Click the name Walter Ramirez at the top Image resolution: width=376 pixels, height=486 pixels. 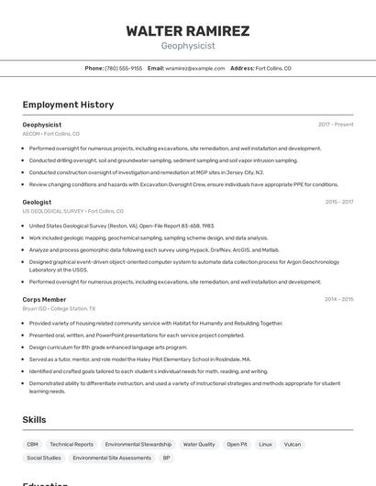click(187, 31)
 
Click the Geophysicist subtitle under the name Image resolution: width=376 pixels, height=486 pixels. click(187, 46)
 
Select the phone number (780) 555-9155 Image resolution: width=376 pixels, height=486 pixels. click(124, 68)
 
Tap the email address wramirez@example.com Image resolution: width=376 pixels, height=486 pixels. click(194, 68)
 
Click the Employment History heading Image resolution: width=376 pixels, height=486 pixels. click(68, 105)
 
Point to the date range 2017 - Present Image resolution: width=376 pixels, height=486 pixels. click(336, 125)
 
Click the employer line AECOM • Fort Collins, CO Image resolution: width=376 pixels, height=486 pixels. click(50, 134)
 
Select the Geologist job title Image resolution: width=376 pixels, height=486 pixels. click(37, 202)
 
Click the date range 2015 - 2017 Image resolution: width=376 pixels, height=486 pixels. click(338, 202)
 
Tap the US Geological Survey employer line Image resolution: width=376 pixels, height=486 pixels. click(72, 211)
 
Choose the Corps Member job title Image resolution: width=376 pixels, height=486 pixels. click(44, 299)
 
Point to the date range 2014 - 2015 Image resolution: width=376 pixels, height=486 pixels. click(338, 299)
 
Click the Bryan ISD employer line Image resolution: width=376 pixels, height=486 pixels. click(59, 309)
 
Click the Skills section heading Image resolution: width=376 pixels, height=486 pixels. click(34, 420)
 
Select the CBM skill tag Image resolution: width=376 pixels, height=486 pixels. click(32, 445)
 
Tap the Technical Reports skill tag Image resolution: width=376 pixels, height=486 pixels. click(72, 445)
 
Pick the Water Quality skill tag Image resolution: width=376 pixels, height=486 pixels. click(199, 445)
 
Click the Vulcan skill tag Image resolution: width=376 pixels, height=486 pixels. click(293, 445)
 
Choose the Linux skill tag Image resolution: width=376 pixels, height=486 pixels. click(265, 445)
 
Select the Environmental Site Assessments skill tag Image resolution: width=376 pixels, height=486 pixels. click(112, 458)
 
